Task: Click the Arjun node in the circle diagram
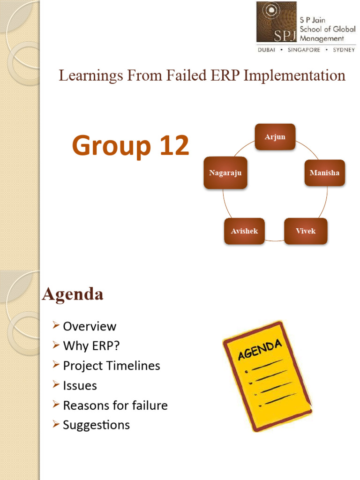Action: pyautogui.click(x=275, y=137)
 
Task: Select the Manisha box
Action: pyautogui.click(x=324, y=173)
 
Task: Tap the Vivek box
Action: pyautogui.click(x=306, y=231)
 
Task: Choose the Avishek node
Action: pyautogui.click(x=244, y=231)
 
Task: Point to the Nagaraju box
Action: pyautogui.click(x=225, y=173)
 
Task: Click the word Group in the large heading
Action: pyautogui.click(x=107, y=146)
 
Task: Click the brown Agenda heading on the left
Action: pyautogui.click(x=73, y=294)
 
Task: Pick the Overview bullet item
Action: pyautogui.click(x=90, y=326)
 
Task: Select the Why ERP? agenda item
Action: pyautogui.click(x=91, y=346)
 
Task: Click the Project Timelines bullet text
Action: pyautogui.click(x=112, y=366)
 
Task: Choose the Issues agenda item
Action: pyautogui.click(x=80, y=386)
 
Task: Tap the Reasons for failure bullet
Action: pyautogui.click(x=115, y=405)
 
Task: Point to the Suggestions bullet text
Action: pyautogui.click(x=97, y=425)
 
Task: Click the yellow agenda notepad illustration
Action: pyautogui.click(x=267, y=375)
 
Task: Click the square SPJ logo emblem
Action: pyautogui.click(x=277, y=22)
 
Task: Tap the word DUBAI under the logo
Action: pyautogui.click(x=267, y=50)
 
